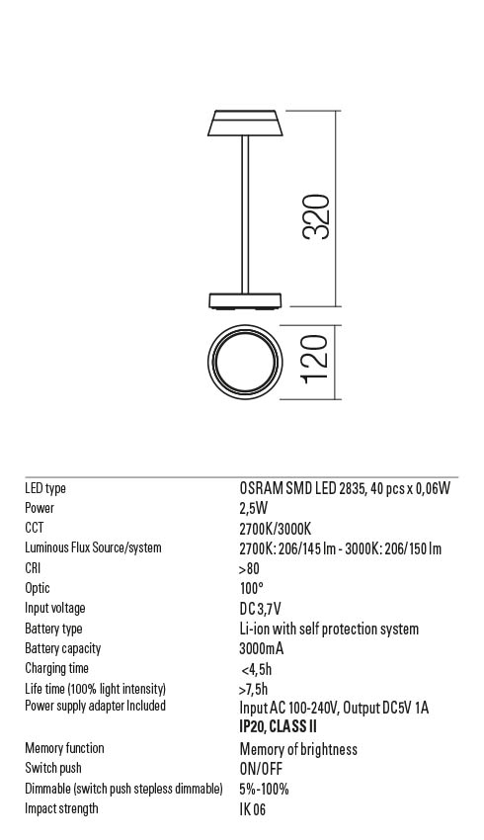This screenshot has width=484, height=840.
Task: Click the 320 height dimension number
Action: [316, 216]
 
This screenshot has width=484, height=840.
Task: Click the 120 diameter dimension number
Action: [313, 365]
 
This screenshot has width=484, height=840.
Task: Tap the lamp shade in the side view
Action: [243, 123]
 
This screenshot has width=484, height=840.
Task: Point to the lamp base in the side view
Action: [244, 300]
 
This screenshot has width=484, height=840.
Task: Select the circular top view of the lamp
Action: [244, 365]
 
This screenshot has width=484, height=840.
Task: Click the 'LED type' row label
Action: [45, 488]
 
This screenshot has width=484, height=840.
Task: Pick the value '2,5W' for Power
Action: [255, 508]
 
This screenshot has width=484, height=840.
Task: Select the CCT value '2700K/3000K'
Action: [275, 529]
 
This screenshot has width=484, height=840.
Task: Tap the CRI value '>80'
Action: [249, 568]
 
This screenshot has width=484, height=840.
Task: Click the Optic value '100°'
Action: [251, 589]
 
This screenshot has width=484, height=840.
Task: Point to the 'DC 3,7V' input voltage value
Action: [260, 609]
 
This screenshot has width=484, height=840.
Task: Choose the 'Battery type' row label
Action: [53, 629]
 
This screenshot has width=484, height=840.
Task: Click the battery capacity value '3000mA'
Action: [262, 649]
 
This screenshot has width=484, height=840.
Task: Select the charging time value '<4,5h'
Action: [257, 669]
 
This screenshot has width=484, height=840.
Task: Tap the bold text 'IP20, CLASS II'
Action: [278, 726]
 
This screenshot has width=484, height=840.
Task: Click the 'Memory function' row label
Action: [64, 748]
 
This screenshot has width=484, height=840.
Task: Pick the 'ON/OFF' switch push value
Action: [262, 769]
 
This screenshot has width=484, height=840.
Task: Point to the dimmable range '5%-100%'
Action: [264, 789]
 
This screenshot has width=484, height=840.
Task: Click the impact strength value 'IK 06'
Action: [253, 809]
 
